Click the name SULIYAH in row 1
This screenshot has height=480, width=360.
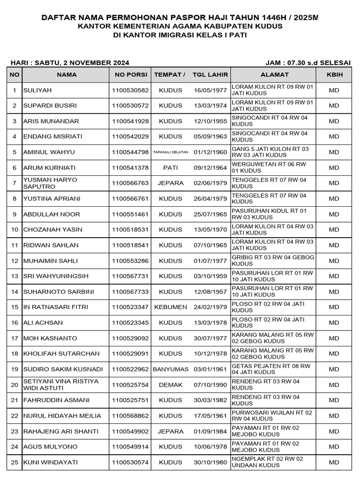click(37, 90)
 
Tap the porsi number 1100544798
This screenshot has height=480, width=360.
click(130, 152)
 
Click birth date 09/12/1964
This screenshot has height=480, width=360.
click(210, 168)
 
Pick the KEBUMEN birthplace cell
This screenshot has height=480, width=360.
click(170, 307)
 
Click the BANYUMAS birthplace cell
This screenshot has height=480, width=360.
click(170, 369)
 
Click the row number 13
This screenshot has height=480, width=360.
click(15, 276)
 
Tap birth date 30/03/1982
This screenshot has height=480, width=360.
click(210, 400)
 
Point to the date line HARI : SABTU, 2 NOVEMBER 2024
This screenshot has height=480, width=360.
click(70, 63)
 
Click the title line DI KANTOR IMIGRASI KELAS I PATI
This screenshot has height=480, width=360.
click(180, 35)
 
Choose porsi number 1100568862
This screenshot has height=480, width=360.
click(130, 416)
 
